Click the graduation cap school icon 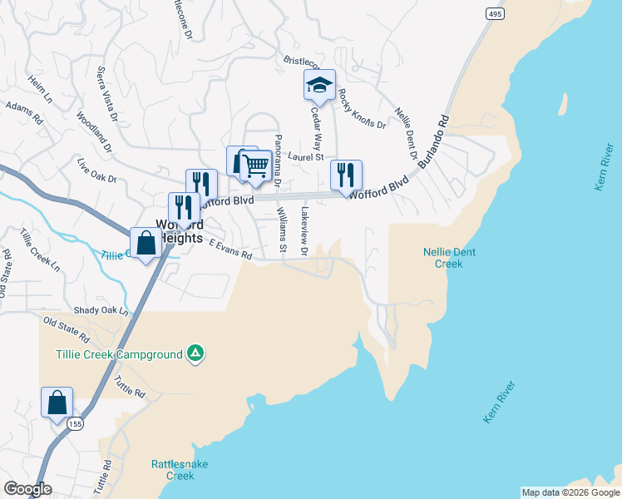pyautogui.click(x=319, y=84)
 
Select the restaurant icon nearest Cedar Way pyautogui.click(x=346, y=175)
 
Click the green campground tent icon pyautogui.click(x=195, y=353)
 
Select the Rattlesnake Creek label pyautogui.click(x=173, y=470)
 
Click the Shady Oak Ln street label pyautogui.click(x=102, y=310)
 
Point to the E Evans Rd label pyautogui.click(x=230, y=250)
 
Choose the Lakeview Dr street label pyautogui.click(x=305, y=231)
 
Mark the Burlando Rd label pyautogui.click(x=433, y=138)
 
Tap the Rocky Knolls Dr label pyautogui.click(x=362, y=110)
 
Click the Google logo pyautogui.click(x=27, y=489)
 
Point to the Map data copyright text pyautogui.click(x=570, y=492)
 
